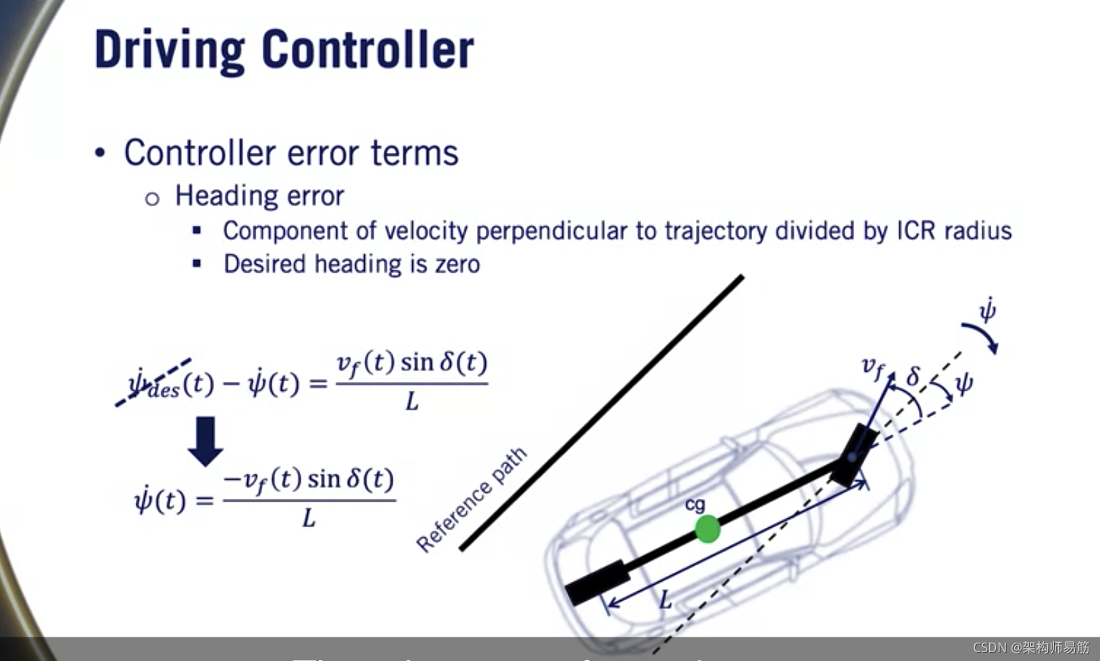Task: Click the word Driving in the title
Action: [170, 51]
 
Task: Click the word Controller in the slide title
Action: [368, 49]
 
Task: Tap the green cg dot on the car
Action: [707, 529]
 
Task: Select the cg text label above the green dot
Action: [695, 504]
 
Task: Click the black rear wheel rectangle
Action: [597, 582]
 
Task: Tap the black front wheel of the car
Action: [854, 454]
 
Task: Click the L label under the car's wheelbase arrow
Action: [666, 600]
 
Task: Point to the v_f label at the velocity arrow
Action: [872, 368]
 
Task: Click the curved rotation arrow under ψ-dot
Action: [981, 337]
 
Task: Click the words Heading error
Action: [259, 196]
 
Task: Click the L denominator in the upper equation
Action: [411, 402]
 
